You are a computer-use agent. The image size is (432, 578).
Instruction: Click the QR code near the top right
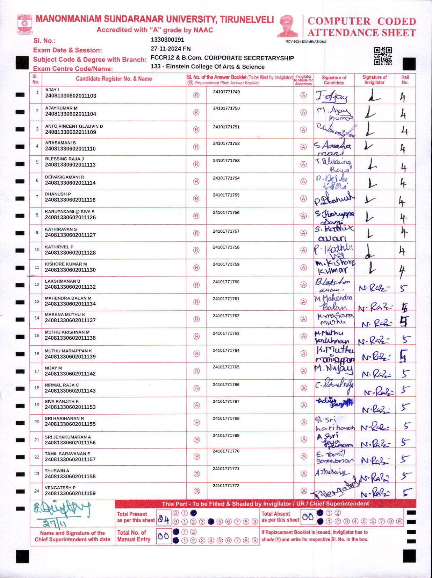(383, 56)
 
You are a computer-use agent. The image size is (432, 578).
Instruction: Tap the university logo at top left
(24, 24)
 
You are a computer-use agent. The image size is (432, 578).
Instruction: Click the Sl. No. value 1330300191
(167, 40)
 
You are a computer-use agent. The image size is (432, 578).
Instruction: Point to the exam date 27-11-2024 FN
(171, 49)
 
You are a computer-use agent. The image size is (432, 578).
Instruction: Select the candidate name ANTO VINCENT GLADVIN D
(74, 126)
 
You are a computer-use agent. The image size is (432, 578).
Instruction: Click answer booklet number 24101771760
(226, 282)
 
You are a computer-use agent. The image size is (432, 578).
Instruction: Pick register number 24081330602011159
(70, 494)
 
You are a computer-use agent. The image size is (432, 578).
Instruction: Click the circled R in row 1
(196, 95)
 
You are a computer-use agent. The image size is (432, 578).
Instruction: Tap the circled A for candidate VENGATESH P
(304, 491)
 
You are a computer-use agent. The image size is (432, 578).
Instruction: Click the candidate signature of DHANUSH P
(334, 199)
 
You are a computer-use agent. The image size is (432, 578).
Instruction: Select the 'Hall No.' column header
(405, 80)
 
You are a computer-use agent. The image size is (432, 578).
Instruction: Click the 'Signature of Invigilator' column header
(374, 80)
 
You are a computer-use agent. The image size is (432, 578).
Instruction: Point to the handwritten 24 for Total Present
(163, 519)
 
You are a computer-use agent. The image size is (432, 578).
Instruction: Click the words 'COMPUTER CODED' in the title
(361, 21)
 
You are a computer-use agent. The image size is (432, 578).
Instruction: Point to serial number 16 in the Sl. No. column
(37, 354)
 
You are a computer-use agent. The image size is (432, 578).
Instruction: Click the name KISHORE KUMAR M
(66, 264)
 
